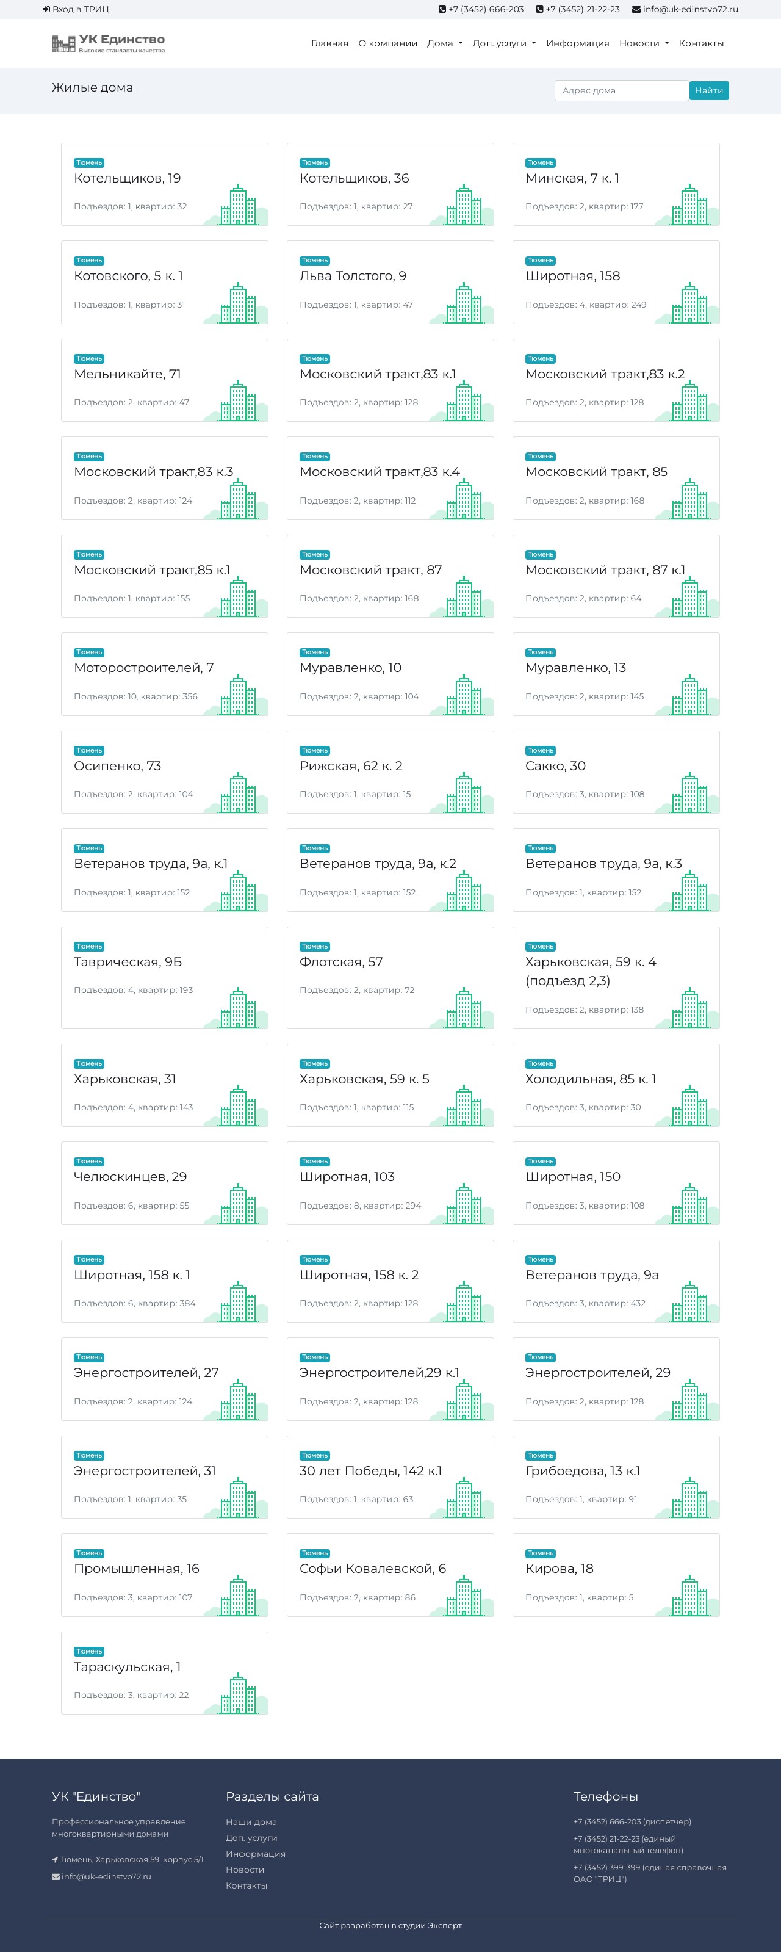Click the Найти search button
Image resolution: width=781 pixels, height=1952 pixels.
(x=708, y=90)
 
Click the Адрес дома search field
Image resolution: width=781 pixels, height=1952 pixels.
(x=621, y=90)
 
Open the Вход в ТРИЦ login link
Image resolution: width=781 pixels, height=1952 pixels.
(x=76, y=9)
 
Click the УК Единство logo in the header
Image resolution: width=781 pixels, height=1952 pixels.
(x=109, y=43)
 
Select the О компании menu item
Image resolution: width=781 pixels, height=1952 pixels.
(x=388, y=43)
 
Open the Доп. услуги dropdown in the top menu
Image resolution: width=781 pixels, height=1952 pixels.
(x=504, y=43)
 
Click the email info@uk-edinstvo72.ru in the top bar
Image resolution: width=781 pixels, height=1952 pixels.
(x=690, y=9)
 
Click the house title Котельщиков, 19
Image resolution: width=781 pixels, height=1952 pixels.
(x=128, y=178)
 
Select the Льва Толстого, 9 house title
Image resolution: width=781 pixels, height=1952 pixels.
(x=353, y=276)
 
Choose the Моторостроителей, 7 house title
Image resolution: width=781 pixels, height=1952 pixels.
(x=144, y=668)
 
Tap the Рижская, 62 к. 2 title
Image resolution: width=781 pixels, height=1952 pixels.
(x=351, y=765)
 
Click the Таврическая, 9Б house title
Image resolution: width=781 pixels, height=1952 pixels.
(x=128, y=961)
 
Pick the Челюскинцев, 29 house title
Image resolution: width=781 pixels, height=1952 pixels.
(x=131, y=1177)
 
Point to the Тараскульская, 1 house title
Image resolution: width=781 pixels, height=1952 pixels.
(x=128, y=1666)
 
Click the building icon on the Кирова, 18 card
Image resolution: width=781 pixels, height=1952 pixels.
(x=690, y=1595)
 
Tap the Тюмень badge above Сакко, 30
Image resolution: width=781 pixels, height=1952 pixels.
(x=540, y=750)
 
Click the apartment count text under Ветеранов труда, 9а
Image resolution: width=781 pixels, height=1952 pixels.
(x=586, y=1303)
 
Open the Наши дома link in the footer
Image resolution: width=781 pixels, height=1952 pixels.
(x=251, y=1821)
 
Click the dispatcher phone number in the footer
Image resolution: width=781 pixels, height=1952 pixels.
(x=632, y=1821)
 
